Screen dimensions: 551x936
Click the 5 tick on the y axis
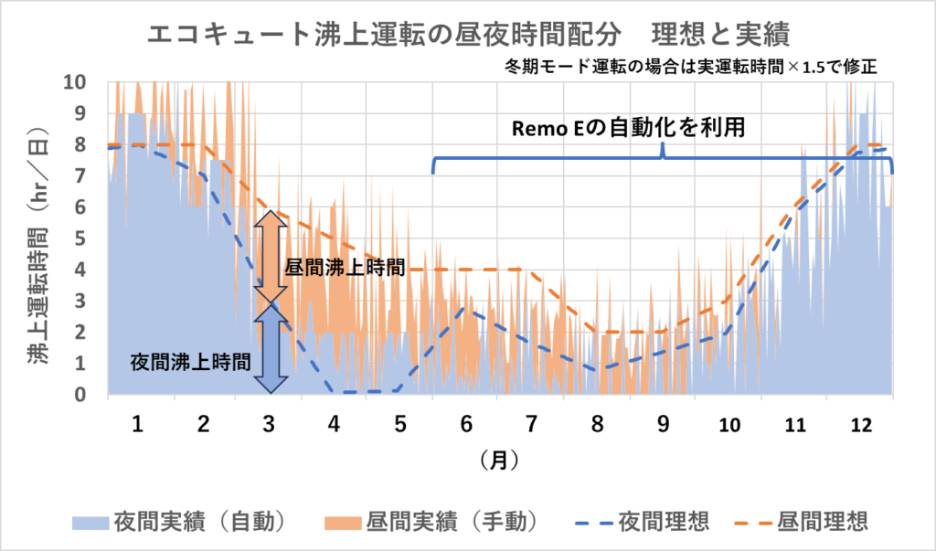click(x=80, y=238)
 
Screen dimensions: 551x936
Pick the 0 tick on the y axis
click(x=80, y=395)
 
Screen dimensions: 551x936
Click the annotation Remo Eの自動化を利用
click(x=627, y=128)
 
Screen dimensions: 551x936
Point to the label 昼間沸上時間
click(x=345, y=268)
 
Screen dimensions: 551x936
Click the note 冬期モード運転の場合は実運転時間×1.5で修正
click(x=691, y=67)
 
